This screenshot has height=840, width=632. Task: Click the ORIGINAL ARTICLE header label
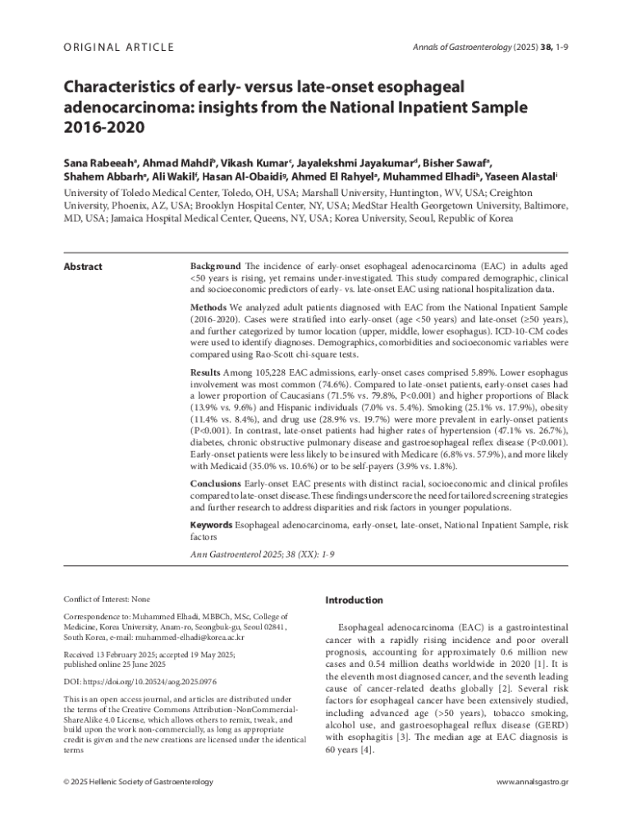click(118, 47)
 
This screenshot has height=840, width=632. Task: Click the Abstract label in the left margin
click(83, 267)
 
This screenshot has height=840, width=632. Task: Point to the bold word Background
click(215, 267)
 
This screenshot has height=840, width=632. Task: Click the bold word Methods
click(209, 307)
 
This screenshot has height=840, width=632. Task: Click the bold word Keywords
click(212, 523)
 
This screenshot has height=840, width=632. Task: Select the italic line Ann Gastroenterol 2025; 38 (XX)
click(262, 555)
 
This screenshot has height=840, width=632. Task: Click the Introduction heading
click(354, 600)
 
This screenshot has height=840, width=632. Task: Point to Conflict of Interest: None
click(107, 600)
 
